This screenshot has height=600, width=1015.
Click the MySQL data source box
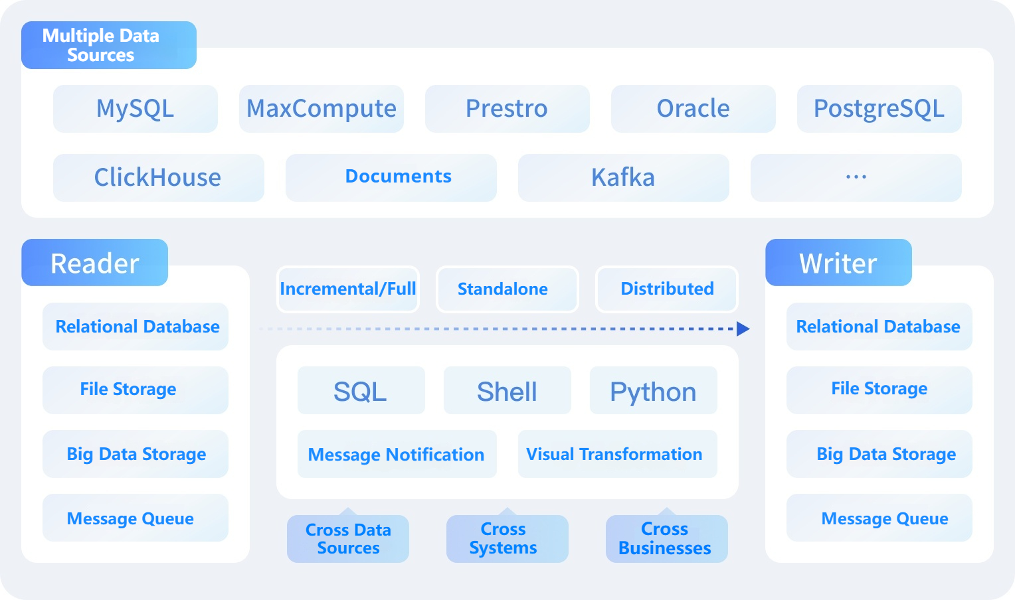(136, 109)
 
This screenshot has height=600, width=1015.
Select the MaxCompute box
(322, 109)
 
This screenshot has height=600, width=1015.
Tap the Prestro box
(507, 109)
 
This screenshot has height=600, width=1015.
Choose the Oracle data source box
(693, 109)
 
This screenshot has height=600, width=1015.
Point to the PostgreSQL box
(879, 109)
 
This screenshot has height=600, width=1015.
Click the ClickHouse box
(158, 178)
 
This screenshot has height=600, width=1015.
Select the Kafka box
(623, 178)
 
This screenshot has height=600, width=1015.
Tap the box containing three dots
(856, 178)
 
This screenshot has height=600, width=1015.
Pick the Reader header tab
(94, 263)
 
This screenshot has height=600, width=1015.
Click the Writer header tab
(838, 263)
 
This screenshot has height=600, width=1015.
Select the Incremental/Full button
(348, 289)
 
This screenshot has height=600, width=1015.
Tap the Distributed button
(667, 289)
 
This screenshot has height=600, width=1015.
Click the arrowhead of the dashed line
(743, 329)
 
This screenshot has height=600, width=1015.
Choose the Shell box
(507, 391)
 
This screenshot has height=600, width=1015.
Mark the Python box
(653, 391)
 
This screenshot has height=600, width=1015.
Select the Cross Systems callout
(507, 539)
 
